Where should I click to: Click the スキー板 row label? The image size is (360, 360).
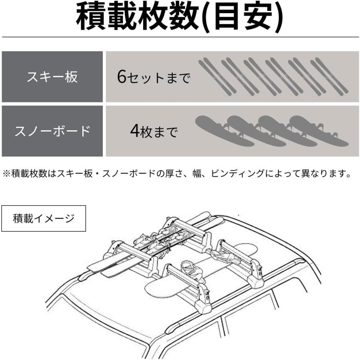[x=52, y=76]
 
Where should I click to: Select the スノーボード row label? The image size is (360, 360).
[x=52, y=131]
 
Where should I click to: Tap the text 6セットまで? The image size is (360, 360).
[x=154, y=77]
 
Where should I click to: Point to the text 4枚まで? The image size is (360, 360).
[x=154, y=131]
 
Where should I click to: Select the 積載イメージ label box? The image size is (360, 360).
[x=44, y=218]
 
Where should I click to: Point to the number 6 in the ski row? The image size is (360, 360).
[x=122, y=76]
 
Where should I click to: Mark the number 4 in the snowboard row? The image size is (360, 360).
[x=135, y=131]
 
